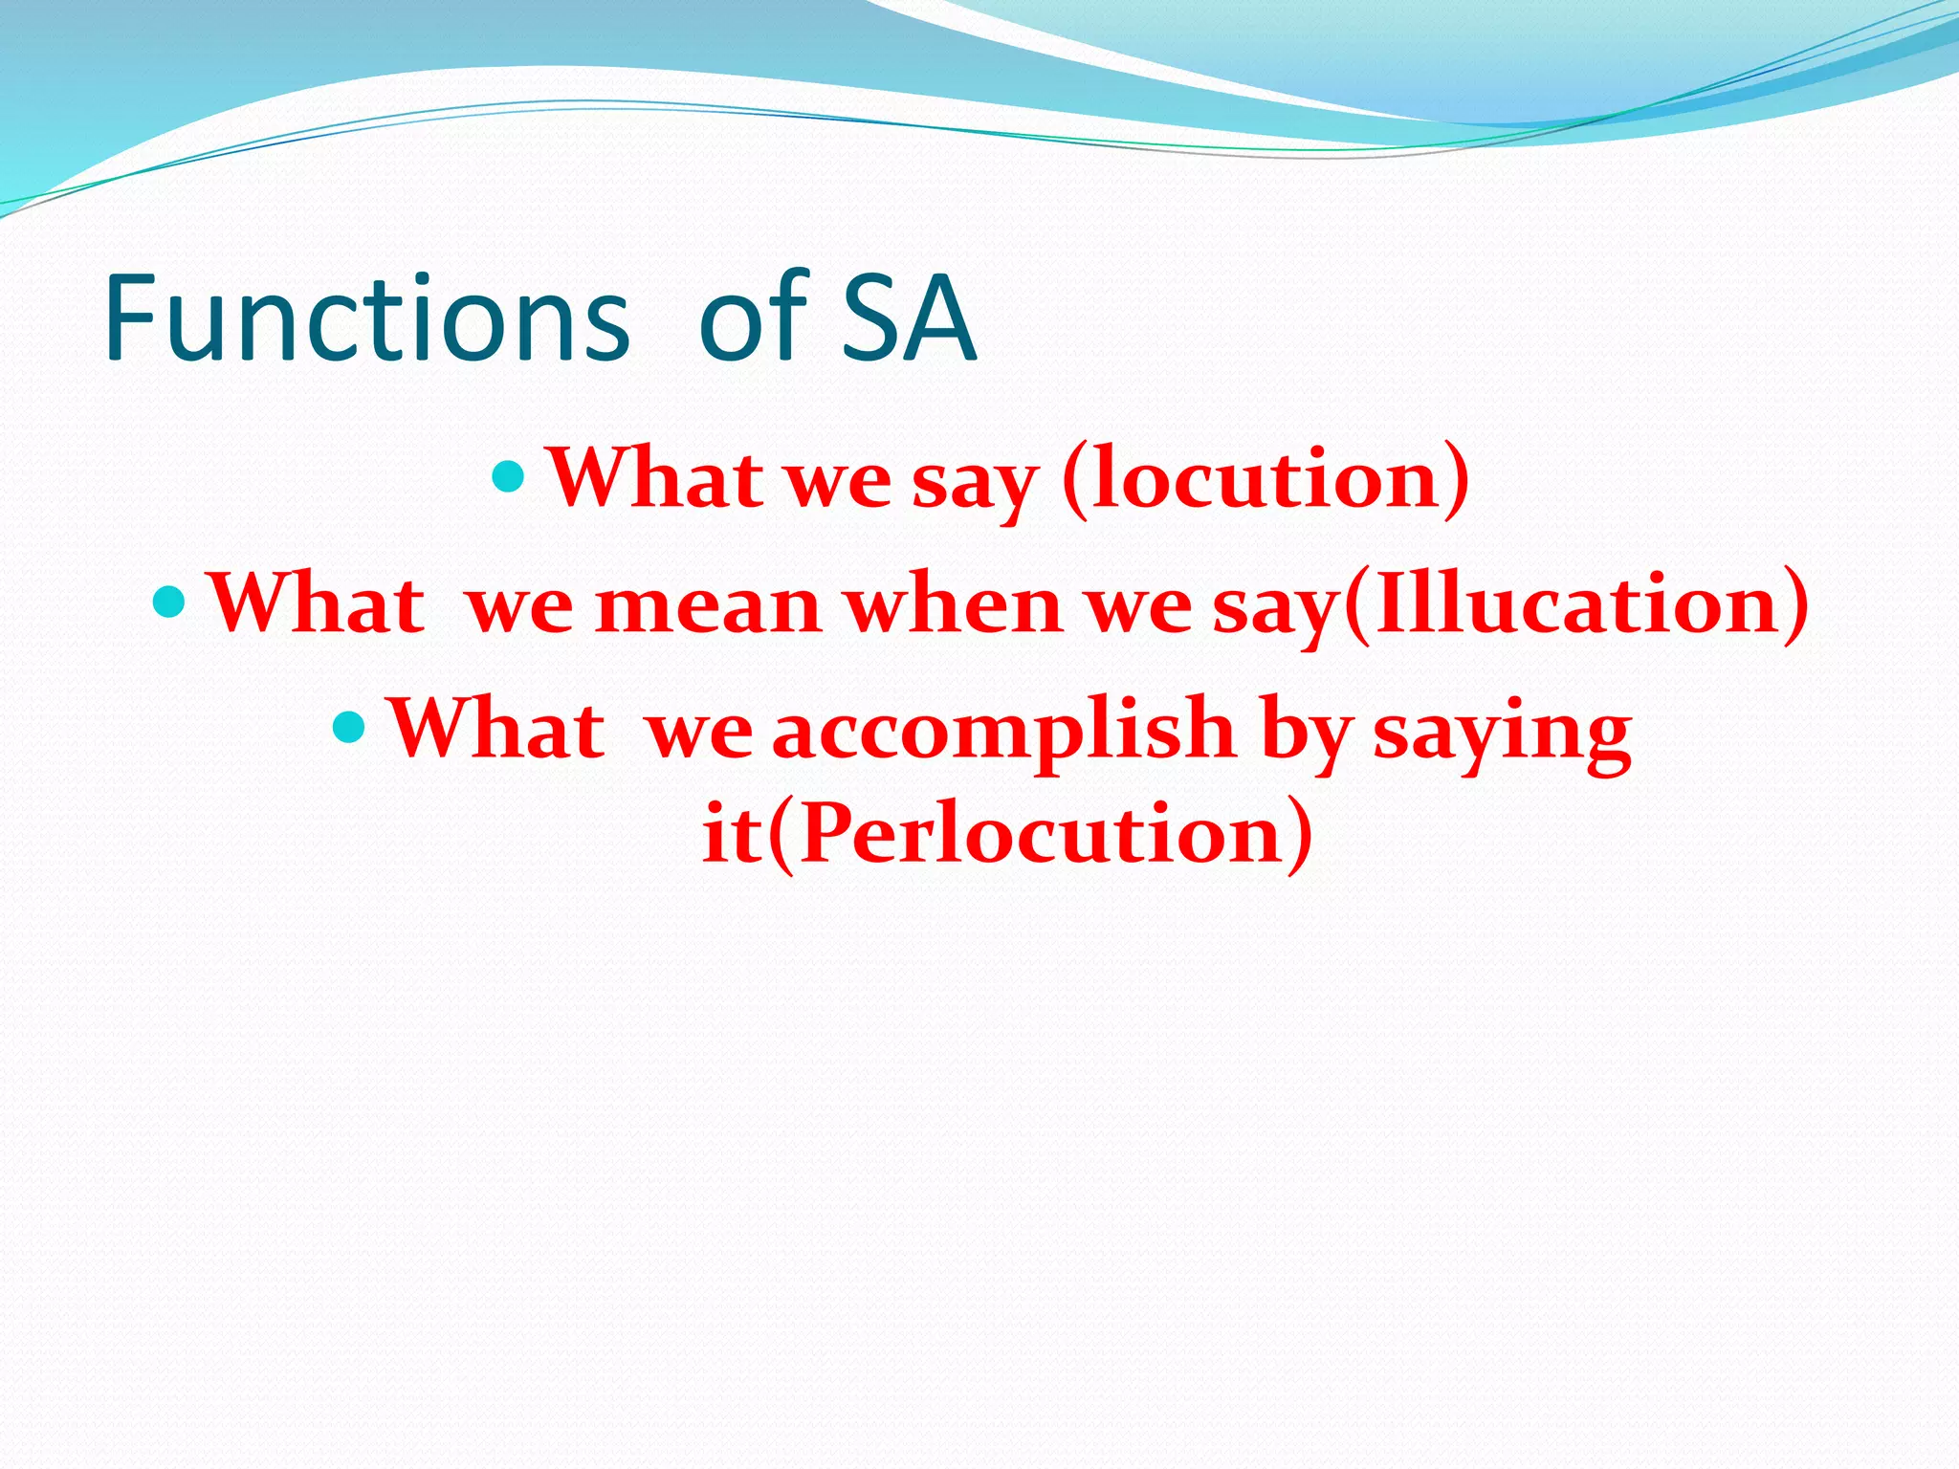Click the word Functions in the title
(366, 318)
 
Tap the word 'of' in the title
(753, 318)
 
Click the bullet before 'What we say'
(508, 474)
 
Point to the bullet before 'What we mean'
(168, 602)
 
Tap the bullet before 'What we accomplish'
(348, 727)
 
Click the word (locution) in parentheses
(1266, 478)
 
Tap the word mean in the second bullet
(707, 604)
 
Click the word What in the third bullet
(495, 729)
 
